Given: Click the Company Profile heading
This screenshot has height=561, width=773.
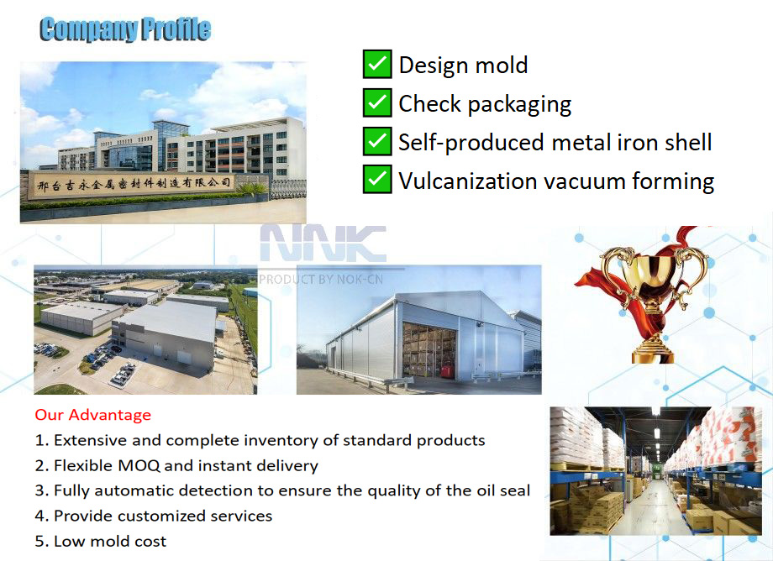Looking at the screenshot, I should (125, 30).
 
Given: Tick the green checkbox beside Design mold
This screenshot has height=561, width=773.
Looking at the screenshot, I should (377, 64).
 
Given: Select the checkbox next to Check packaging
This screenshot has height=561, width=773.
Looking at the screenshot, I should (377, 102).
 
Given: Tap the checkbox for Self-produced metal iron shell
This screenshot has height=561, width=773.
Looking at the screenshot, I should (377, 141).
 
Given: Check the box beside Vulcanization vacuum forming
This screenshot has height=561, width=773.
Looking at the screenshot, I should (377, 180).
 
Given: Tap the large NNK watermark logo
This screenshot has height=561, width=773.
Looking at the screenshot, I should (323, 244).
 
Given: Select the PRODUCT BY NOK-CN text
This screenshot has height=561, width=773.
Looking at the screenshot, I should (321, 278).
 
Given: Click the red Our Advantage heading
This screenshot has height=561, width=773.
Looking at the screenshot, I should (93, 415).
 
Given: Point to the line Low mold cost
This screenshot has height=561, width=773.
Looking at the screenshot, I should (110, 541).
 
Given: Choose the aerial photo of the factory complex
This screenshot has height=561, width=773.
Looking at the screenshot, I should (145, 330).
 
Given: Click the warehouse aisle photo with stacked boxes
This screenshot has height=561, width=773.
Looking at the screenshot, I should (655, 471).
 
